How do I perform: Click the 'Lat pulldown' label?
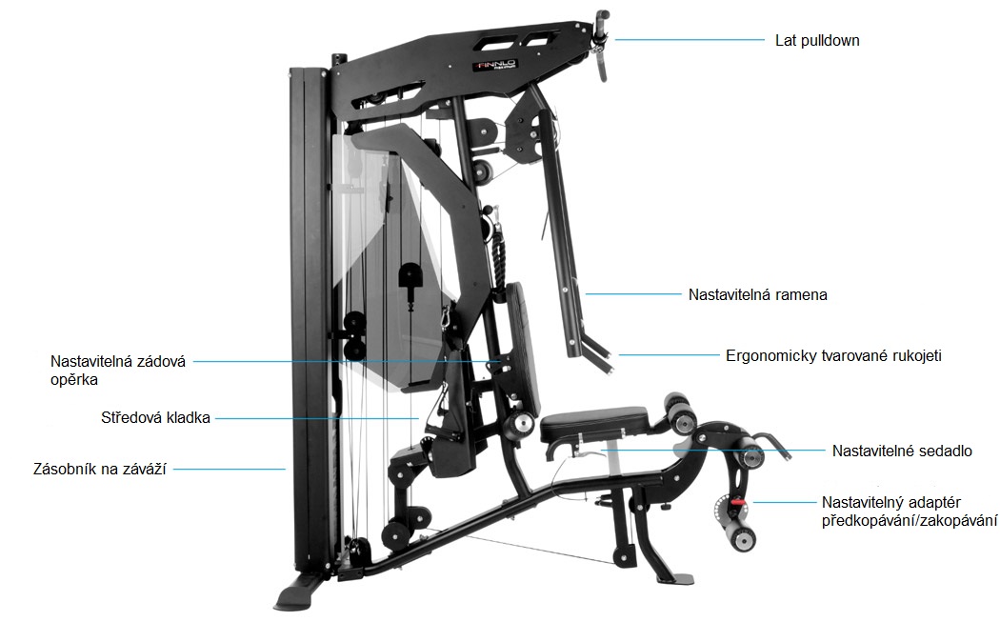click(817, 41)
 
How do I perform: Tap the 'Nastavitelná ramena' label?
click(758, 294)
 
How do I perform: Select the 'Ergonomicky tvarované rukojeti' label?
click(833, 355)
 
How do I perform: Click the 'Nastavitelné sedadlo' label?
click(902, 451)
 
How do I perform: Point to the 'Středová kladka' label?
click(155, 418)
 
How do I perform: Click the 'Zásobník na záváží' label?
click(99, 469)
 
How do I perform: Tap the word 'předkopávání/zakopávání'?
click(910, 520)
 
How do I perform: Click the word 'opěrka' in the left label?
click(74, 379)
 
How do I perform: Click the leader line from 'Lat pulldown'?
click(690, 40)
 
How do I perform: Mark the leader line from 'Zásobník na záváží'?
click(230, 469)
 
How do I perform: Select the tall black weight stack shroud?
click(310, 319)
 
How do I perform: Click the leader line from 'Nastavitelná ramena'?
click(633, 294)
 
